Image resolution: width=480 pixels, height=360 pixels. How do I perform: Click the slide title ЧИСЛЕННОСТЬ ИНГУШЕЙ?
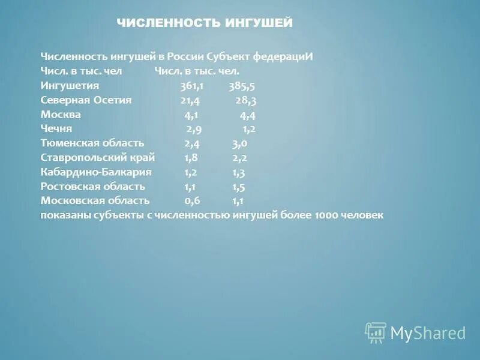[205, 23]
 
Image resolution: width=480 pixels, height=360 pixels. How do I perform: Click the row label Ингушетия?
[69, 86]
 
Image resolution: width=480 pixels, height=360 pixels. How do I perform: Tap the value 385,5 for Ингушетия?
[241, 86]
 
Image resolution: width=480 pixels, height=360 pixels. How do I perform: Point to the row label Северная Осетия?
[86, 100]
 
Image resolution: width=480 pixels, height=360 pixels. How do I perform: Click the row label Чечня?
[56, 129]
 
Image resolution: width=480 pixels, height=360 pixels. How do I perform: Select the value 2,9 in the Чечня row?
[194, 129]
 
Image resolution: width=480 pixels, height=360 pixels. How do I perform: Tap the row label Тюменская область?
[92, 143]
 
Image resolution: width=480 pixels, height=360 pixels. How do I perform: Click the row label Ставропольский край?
[98, 158]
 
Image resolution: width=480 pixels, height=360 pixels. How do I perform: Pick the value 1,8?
[191, 158]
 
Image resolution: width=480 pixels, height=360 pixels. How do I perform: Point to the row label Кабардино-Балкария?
[96, 172]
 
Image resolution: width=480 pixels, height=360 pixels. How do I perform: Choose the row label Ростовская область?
[93, 187]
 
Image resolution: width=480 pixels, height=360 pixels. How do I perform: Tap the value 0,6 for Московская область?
[192, 201]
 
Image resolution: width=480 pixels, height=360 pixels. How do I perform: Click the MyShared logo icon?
[376, 332]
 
